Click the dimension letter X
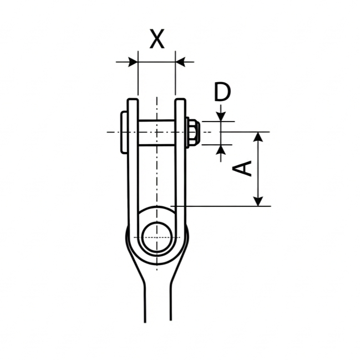[x=157, y=39]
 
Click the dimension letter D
[x=222, y=92]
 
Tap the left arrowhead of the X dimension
[x=133, y=62]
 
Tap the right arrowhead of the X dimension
[x=180, y=62]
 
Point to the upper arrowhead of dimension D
[x=221, y=116]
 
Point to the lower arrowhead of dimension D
[x=221, y=150]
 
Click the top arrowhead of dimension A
[x=258, y=137]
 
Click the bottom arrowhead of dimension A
[x=258, y=201]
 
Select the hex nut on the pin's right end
[x=194, y=133]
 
